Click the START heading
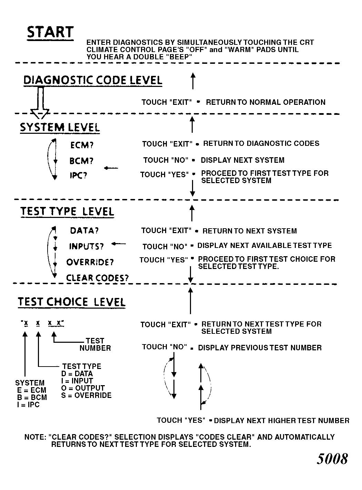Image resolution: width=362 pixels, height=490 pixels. point(50,32)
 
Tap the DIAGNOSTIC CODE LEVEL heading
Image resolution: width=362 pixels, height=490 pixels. point(92,80)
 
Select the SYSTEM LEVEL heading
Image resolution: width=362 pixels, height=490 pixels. point(60,127)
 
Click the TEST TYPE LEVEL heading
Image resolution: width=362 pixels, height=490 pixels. point(67,211)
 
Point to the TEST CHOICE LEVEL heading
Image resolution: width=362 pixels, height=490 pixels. point(72,302)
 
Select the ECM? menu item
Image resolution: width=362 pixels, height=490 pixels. point(82,145)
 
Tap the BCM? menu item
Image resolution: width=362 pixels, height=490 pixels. point(81,161)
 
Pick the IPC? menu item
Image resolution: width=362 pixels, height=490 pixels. point(78,176)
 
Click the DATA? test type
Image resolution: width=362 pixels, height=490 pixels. point(84,231)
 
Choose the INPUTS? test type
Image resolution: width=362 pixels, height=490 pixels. point(86,247)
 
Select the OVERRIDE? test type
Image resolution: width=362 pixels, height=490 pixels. point(90,262)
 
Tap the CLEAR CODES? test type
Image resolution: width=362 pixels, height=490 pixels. point(97,278)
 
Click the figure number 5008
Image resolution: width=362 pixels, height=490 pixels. point(332,459)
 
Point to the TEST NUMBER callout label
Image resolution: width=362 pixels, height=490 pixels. point(95,344)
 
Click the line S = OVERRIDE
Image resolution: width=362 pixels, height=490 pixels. point(86,396)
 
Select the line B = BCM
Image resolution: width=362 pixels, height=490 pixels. point(32,397)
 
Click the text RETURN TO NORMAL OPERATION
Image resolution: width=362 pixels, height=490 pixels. point(265,102)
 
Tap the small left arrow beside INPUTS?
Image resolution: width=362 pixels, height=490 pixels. point(119,244)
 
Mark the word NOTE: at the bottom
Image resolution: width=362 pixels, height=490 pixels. point(35,437)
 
